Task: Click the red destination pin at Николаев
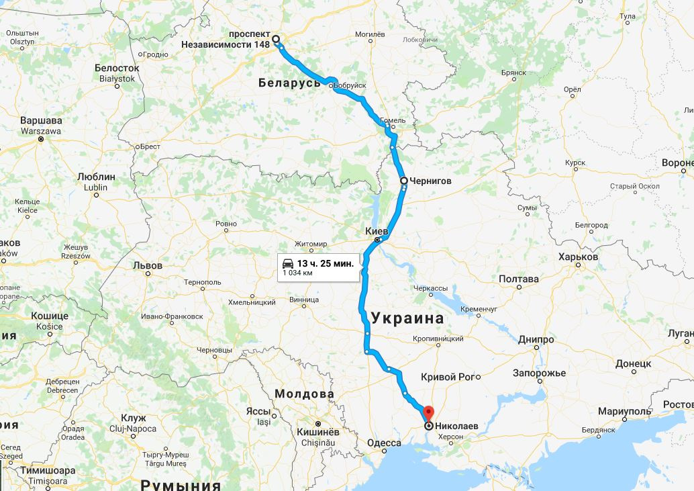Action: pyautogui.click(x=428, y=412)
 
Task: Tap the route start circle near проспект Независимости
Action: pyautogui.click(x=275, y=39)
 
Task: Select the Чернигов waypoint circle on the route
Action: pyautogui.click(x=403, y=181)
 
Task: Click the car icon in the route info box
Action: pyautogui.click(x=287, y=263)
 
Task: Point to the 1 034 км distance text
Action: pyautogui.click(x=297, y=273)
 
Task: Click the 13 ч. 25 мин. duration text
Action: pyautogui.click(x=325, y=263)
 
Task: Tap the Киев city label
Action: pyautogui.click(x=377, y=230)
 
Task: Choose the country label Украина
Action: pyautogui.click(x=407, y=318)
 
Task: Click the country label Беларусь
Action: pyautogui.click(x=290, y=83)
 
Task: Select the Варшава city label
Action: pyautogui.click(x=41, y=121)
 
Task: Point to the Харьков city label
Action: pyautogui.click(x=578, y=257)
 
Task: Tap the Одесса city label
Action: pyautogui.click(x=384, y=443)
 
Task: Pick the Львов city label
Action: pyautogui.click(x=148, y=265)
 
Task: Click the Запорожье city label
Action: pyautogui.click(x=539, y=373)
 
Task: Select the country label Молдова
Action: pyautogui.click(x=305, y=394)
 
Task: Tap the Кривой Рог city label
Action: pyautogui.click(x=448, y=377)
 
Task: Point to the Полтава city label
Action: pyautogui.click(x=519, y=279)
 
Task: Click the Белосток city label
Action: pyautogui.click(x=117, y=68)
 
